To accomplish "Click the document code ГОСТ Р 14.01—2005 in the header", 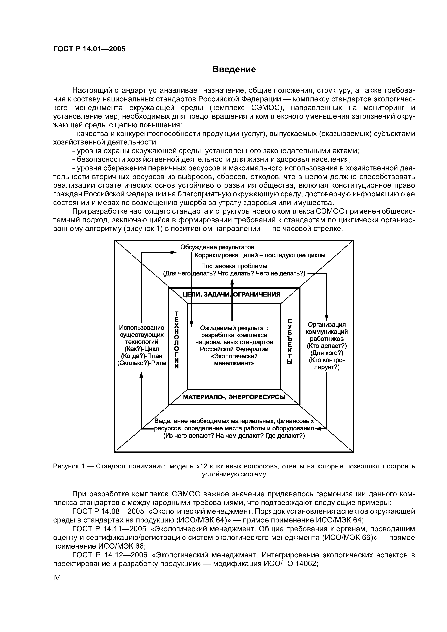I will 89,49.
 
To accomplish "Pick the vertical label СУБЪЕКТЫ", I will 289,341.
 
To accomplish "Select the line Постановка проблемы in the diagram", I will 234,266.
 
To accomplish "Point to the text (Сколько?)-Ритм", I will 141,363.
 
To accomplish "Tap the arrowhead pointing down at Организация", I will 326,317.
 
